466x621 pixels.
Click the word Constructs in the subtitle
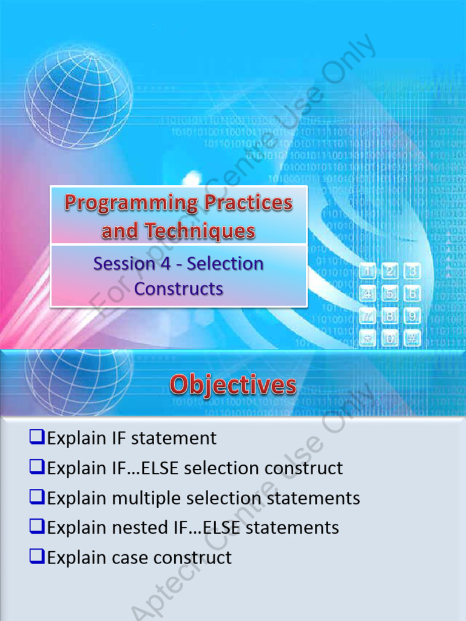[x=178, y=289]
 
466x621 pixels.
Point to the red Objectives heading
[x=233, y=385]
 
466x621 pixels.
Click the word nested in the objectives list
[x=136, y=528]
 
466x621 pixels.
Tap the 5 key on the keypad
[x=390, y=294]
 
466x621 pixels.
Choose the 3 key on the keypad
[x=413, y=272]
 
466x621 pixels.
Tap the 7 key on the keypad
[x=368, y=316]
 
